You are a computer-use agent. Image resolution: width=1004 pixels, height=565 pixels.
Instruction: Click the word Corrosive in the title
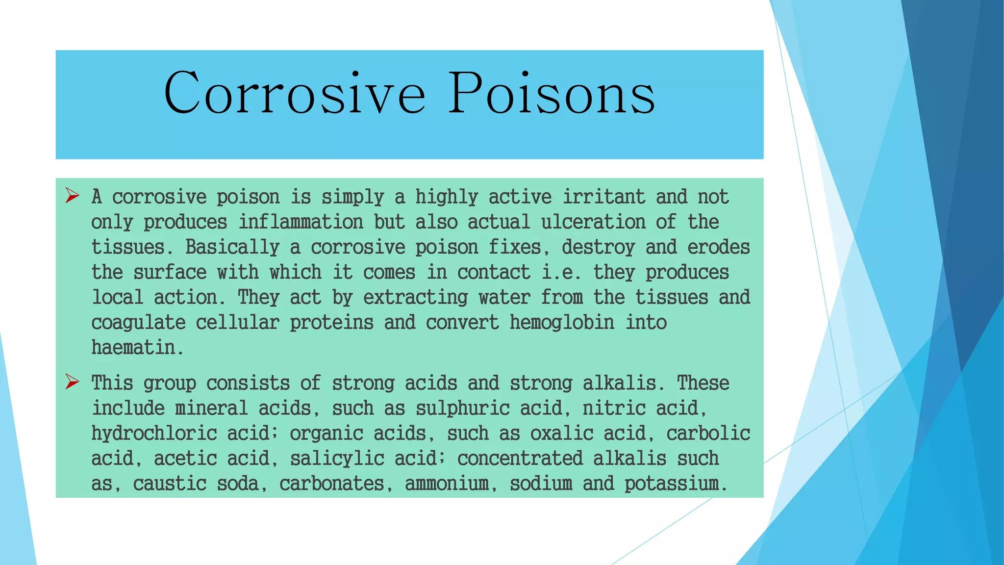[x=294, y=93]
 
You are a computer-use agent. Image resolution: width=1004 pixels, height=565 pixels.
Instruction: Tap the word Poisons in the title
[x=552, y=93]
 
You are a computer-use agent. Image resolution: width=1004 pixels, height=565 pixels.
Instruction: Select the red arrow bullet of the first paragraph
[x=72, y=196]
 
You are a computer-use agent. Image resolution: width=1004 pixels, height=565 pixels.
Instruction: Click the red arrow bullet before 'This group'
[x=72, y=382]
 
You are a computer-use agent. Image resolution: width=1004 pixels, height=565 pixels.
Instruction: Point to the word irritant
[x=603, y=197]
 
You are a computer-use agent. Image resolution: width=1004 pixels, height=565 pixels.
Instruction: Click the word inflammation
[x=301, y=222]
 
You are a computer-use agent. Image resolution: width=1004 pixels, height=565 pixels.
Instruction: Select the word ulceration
[x=593, y=222]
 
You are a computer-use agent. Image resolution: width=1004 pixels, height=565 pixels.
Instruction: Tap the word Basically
[x=232, y=247]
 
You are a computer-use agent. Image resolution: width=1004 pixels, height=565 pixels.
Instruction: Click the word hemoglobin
[x=562, y=323]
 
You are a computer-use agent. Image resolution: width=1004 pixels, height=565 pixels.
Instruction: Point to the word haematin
[x=133, y=348]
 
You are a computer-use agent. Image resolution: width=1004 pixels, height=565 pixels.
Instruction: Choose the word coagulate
[x=138, y=323]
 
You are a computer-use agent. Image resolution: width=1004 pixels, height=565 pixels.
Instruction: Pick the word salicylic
[x=337, y=459]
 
